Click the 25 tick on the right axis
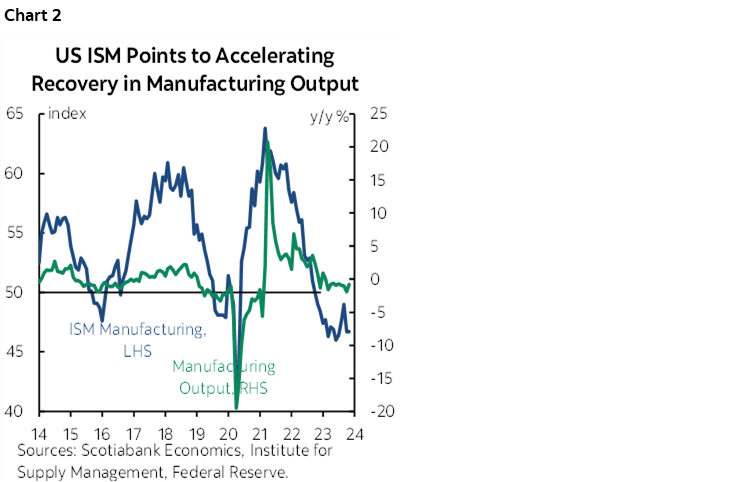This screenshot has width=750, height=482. click(377, 113)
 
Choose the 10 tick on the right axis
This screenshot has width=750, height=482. click(377, 213)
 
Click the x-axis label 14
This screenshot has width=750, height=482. click(40, 435)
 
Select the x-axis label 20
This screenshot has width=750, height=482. click(228, 435)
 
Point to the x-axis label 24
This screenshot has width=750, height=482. click(353, 435)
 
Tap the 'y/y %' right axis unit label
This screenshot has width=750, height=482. click(328, 115)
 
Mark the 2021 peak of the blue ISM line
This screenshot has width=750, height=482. click(265, 128)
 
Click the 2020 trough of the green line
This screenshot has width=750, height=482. click(236, 408)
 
